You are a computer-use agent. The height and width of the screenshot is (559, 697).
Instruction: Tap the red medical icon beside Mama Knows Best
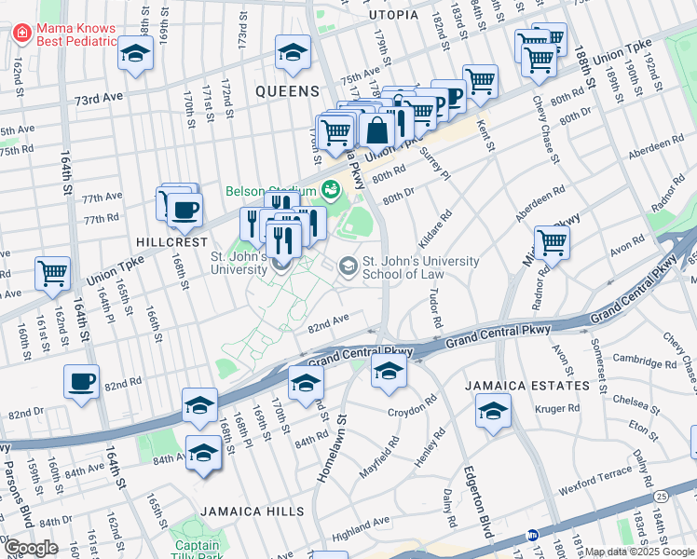click(x=21, y=34)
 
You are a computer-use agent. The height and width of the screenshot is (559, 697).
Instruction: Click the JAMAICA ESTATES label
click(x=543, y=385)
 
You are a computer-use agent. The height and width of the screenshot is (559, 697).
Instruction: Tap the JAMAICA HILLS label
click(x=251, y=511)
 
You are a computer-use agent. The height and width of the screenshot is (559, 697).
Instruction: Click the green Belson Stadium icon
click(x=329, y=191)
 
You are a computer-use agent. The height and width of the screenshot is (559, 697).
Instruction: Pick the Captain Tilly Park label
click(x=197, y=546)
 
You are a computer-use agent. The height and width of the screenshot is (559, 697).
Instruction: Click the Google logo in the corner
click(x=31, y=548)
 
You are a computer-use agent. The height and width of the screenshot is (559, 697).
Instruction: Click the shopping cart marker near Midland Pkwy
click(x=553, y=243)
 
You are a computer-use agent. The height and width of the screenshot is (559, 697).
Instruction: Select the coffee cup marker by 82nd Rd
click(x=82, y=381)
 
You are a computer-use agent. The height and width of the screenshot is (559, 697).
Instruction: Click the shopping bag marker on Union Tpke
click(x=378, y=131)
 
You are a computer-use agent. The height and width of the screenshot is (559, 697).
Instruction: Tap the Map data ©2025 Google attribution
click(x=639, y=552)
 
